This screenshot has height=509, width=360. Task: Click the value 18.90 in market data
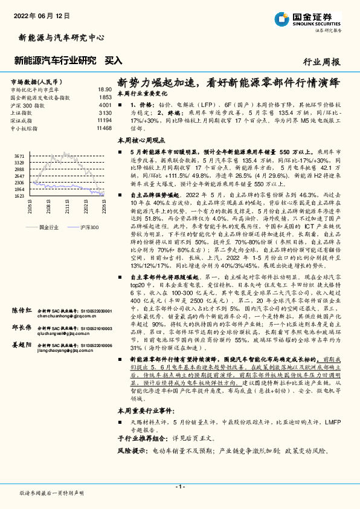104,89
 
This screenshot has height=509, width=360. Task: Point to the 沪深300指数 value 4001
104,105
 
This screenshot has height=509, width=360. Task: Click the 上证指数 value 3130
104,112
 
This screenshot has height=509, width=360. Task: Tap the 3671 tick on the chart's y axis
19,156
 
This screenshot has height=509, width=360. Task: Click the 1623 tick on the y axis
19,196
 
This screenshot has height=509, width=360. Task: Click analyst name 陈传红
22,310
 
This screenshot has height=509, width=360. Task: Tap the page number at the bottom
179,487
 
